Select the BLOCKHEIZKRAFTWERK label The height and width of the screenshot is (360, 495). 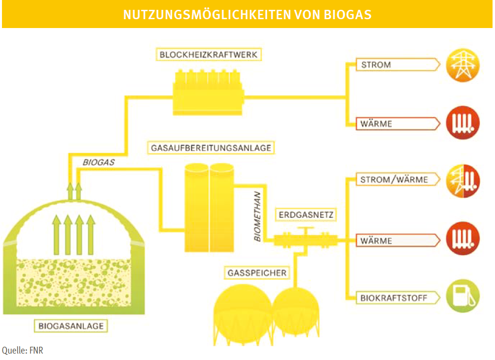point(209,55)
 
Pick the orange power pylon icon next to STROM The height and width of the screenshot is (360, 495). point(463,64)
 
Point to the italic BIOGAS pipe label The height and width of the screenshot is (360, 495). point(98,161)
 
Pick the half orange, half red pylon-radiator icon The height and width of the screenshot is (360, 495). point(463,180)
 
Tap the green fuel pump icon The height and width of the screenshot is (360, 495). point(463,296)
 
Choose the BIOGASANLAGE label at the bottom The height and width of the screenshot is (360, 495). point(71,325)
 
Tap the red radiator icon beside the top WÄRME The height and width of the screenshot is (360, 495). point(463,123)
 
